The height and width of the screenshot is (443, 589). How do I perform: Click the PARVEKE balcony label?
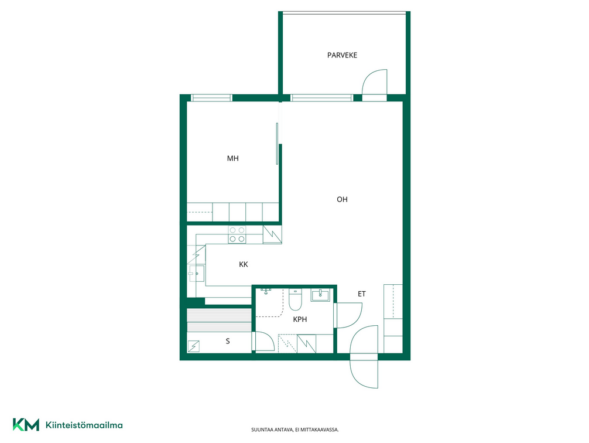342,55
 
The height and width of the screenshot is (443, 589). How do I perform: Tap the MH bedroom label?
233,158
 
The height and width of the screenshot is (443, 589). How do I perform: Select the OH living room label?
342,199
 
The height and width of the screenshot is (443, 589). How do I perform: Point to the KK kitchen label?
244,264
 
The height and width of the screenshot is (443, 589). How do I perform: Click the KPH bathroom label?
300,319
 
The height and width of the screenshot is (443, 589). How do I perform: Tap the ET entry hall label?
361,294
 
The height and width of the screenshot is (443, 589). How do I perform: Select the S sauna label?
228,342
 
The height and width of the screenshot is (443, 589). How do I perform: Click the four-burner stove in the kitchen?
237,234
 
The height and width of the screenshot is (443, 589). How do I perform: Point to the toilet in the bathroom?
295,299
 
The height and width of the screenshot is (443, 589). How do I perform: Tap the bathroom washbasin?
320,295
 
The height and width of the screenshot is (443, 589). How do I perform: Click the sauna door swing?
265,342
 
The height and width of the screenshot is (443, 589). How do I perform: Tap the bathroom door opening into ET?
348,315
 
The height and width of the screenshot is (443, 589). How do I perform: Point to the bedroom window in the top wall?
211,98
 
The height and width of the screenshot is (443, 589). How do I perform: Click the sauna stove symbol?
194,346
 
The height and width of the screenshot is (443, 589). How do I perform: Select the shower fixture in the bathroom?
266,291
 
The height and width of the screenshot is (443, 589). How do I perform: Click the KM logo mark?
26,425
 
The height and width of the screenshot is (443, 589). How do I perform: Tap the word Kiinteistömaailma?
84,425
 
